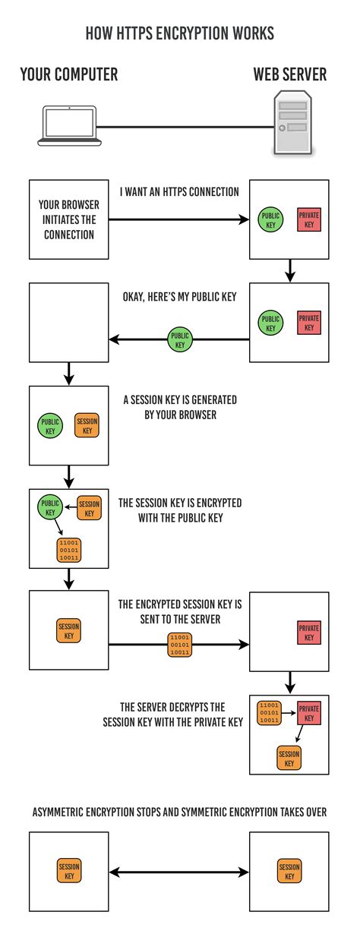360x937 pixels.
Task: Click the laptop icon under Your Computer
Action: [x=68, y=125]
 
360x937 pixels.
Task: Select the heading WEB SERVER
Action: [x=289, y=74]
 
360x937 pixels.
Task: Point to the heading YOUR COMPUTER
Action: [x=68, y=74]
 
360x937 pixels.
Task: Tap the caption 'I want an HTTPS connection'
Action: [x=179, y=192]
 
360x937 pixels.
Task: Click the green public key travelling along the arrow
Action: [x=179, y=339]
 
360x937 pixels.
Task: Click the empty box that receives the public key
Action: [x=68, y=323]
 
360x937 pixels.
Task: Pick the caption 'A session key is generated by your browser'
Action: [x=179, y=407]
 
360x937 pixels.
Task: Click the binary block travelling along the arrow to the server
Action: [x=179, y=643]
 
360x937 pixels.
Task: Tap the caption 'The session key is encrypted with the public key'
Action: [x=180, y=510]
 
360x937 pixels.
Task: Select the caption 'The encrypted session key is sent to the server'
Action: [x=179, y=612]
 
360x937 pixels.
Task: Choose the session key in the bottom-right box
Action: [x=289, y=871]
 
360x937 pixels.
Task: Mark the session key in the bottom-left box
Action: [x=69, y=871]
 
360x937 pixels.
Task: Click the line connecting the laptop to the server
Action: [x=179, y=126]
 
